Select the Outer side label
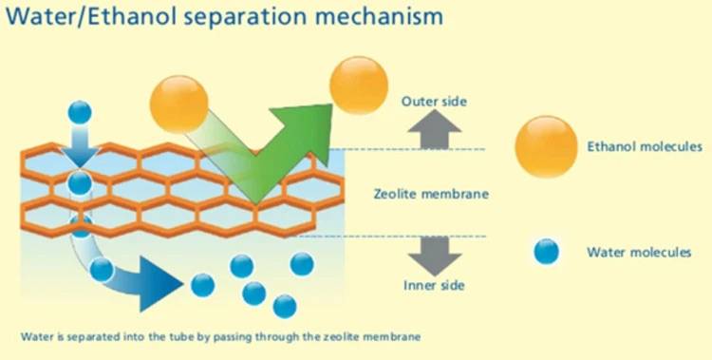[x=434, y=102]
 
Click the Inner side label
[x=434, y=286]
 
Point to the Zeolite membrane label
[x=431, y=194]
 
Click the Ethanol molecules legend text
[x=645, y=147]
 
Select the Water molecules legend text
[x=639, y=253]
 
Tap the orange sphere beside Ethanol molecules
[x=546, y=146]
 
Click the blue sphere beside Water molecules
[x=546, y=252]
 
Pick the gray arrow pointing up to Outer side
[x=434, y=128]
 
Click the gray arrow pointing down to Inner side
[x=435, y=256]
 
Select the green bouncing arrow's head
[x=309, y=132]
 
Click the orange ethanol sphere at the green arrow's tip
[x=359, y=85]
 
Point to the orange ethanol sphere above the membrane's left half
[x=178, y=104]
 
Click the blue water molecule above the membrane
[x=80, y=112]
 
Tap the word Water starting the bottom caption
[x=34, y=337]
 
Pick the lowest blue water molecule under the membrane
[x=285, y=307]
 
